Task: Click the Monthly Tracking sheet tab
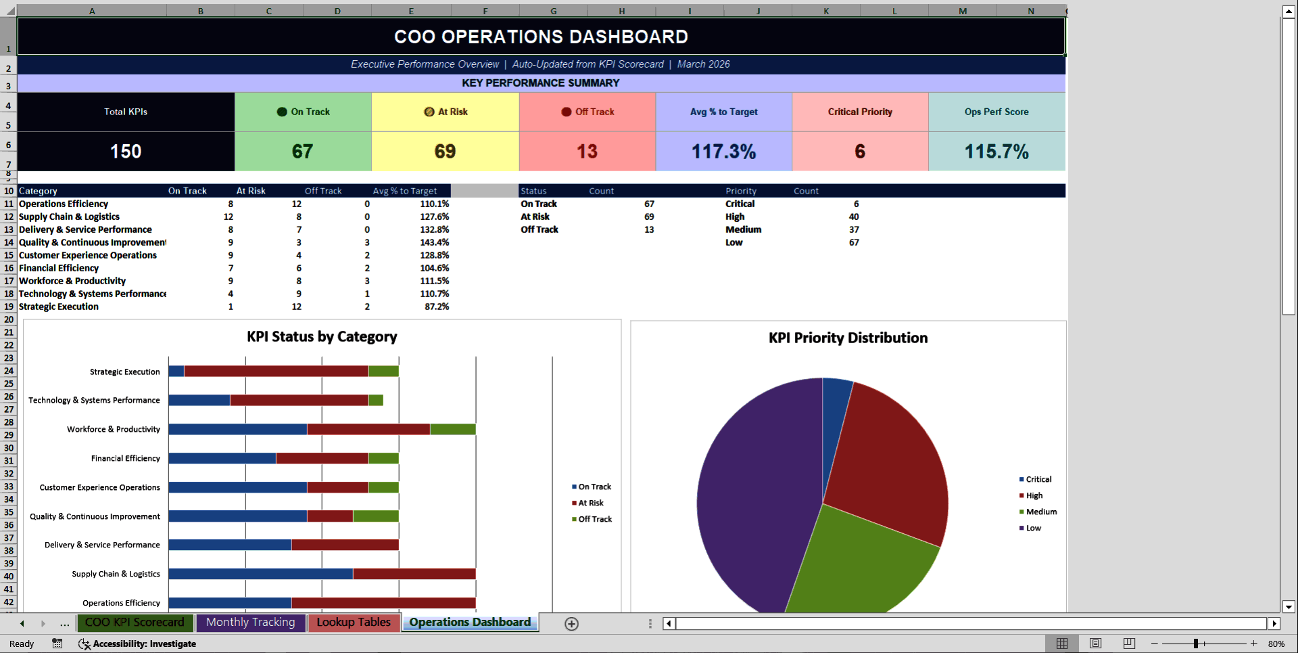pos(250,623)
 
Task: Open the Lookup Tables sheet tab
pos(354,623)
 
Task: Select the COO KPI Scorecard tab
pos(135,623)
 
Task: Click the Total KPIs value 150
pos(126,152)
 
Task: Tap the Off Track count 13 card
pos(587,152)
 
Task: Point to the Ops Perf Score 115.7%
pos(996,152)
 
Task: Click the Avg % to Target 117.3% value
pos(723,152)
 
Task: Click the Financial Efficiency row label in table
pos(59,268)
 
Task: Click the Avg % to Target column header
pos(405,191)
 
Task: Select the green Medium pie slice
pos(859,562)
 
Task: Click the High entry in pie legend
pos(1034,495)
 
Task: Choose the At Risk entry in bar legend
pos(590,503)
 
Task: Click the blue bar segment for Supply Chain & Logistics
pos(260,574)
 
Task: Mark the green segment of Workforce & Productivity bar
pos(452,429)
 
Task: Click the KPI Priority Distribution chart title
pos(848,338)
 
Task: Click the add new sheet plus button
pos(571,624)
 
